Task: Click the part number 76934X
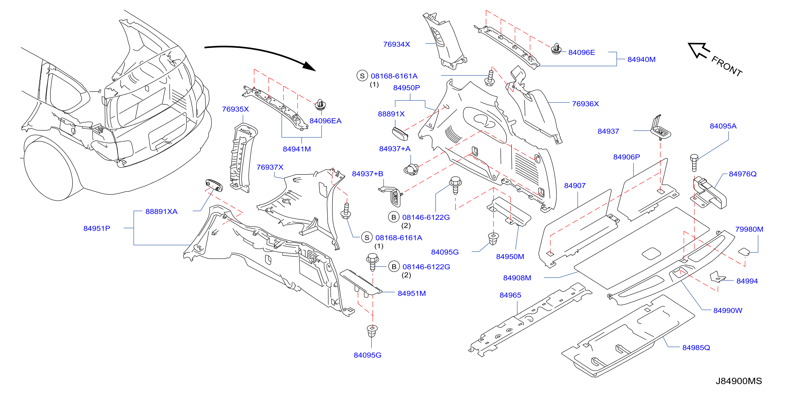pos(396,44)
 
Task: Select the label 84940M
pos(641,59)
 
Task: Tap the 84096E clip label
pos(581,52)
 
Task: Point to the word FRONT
pos(726,66)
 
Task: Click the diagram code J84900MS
pos(739,381)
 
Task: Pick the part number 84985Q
pos(696,348)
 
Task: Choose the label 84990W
pos(727,310)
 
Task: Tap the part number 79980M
pos(749,229)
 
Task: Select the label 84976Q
pos(743,174)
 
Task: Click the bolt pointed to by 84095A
pos(694,162)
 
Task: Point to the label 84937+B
pos(367,174)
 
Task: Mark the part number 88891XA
pos(161,212)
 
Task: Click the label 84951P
pos(97,228)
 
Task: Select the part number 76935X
pos(235,109)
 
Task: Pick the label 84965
pos(510,295)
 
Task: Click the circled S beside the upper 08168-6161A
pos(362,76)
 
